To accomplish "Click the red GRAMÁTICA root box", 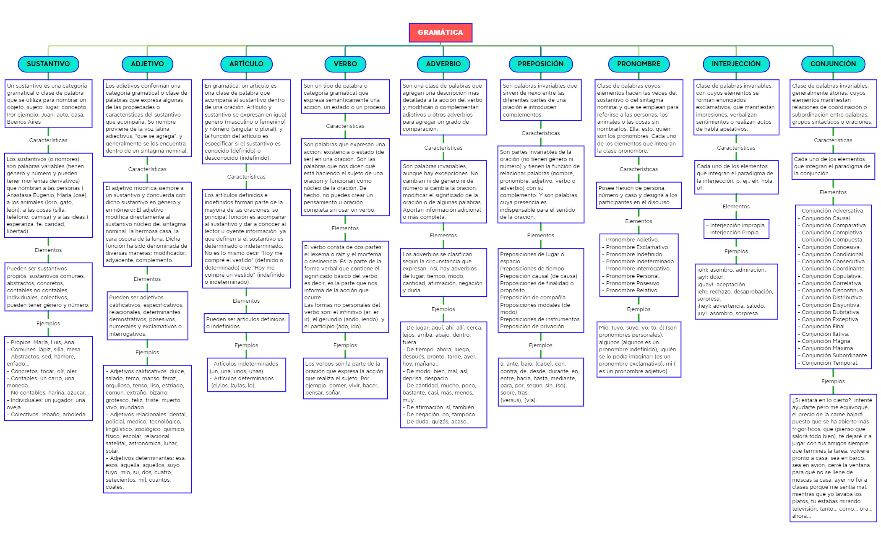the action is click(440, 32).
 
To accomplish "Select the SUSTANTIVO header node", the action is click(48, 64).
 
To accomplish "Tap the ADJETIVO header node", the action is click(147, 64).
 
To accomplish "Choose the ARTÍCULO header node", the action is click(246, 64).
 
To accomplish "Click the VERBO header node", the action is click(345, 64).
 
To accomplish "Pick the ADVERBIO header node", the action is click(443, 64).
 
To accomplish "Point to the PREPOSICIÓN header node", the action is click(541, 64).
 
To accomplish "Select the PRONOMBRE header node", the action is click(639, 64).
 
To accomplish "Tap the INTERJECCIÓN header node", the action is click(736, 64).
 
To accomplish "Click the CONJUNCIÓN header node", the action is click(833, 64).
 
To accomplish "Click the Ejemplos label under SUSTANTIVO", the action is click(48, 323).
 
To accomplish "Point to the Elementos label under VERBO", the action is click(345, 228).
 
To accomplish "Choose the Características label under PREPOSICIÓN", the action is click(541, 133).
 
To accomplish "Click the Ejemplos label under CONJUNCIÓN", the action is click(833, 381).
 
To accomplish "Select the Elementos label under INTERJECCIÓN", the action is click(736, 206).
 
